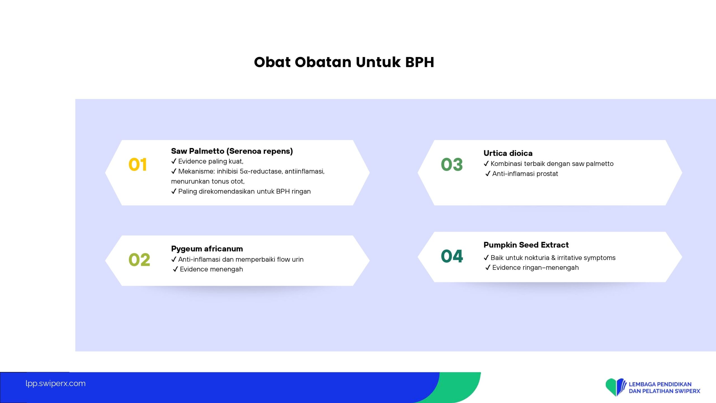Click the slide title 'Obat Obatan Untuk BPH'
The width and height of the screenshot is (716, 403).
click(x=344, y=62)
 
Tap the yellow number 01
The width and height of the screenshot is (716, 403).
click(x=137, y=164)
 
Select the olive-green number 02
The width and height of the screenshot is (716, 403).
click(x=139, y=259)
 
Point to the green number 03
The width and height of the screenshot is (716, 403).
click(x=452, y=164)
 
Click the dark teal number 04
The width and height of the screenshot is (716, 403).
click(x=452, y=256)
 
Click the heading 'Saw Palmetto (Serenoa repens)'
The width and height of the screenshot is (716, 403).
click(x=232, y=151)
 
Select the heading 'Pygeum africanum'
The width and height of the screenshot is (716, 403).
click(x=207, y=249)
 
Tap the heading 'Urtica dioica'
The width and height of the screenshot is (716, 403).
click(x=508, y=153)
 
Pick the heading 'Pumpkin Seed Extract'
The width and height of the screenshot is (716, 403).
click(x=526, y=245)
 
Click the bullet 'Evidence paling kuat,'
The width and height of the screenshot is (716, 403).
click(x=207, y=161)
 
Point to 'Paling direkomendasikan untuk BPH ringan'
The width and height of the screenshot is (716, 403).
click(x=241, y=191)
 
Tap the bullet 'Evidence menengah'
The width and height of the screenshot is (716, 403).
click(x=208, y=269)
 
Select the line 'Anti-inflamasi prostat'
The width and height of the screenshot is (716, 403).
click(x=522, y=174)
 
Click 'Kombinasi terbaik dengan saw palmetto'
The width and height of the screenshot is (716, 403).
click(x=548, y=164)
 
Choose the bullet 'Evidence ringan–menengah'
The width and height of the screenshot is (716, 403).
click(x=532, y=268)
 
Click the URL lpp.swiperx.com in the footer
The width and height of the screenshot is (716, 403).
click(x=55, y=383)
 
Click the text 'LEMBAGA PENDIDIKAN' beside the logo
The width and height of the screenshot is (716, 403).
click(x=660, y=384)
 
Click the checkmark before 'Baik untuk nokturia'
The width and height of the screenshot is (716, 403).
click(x=486, y=257)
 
